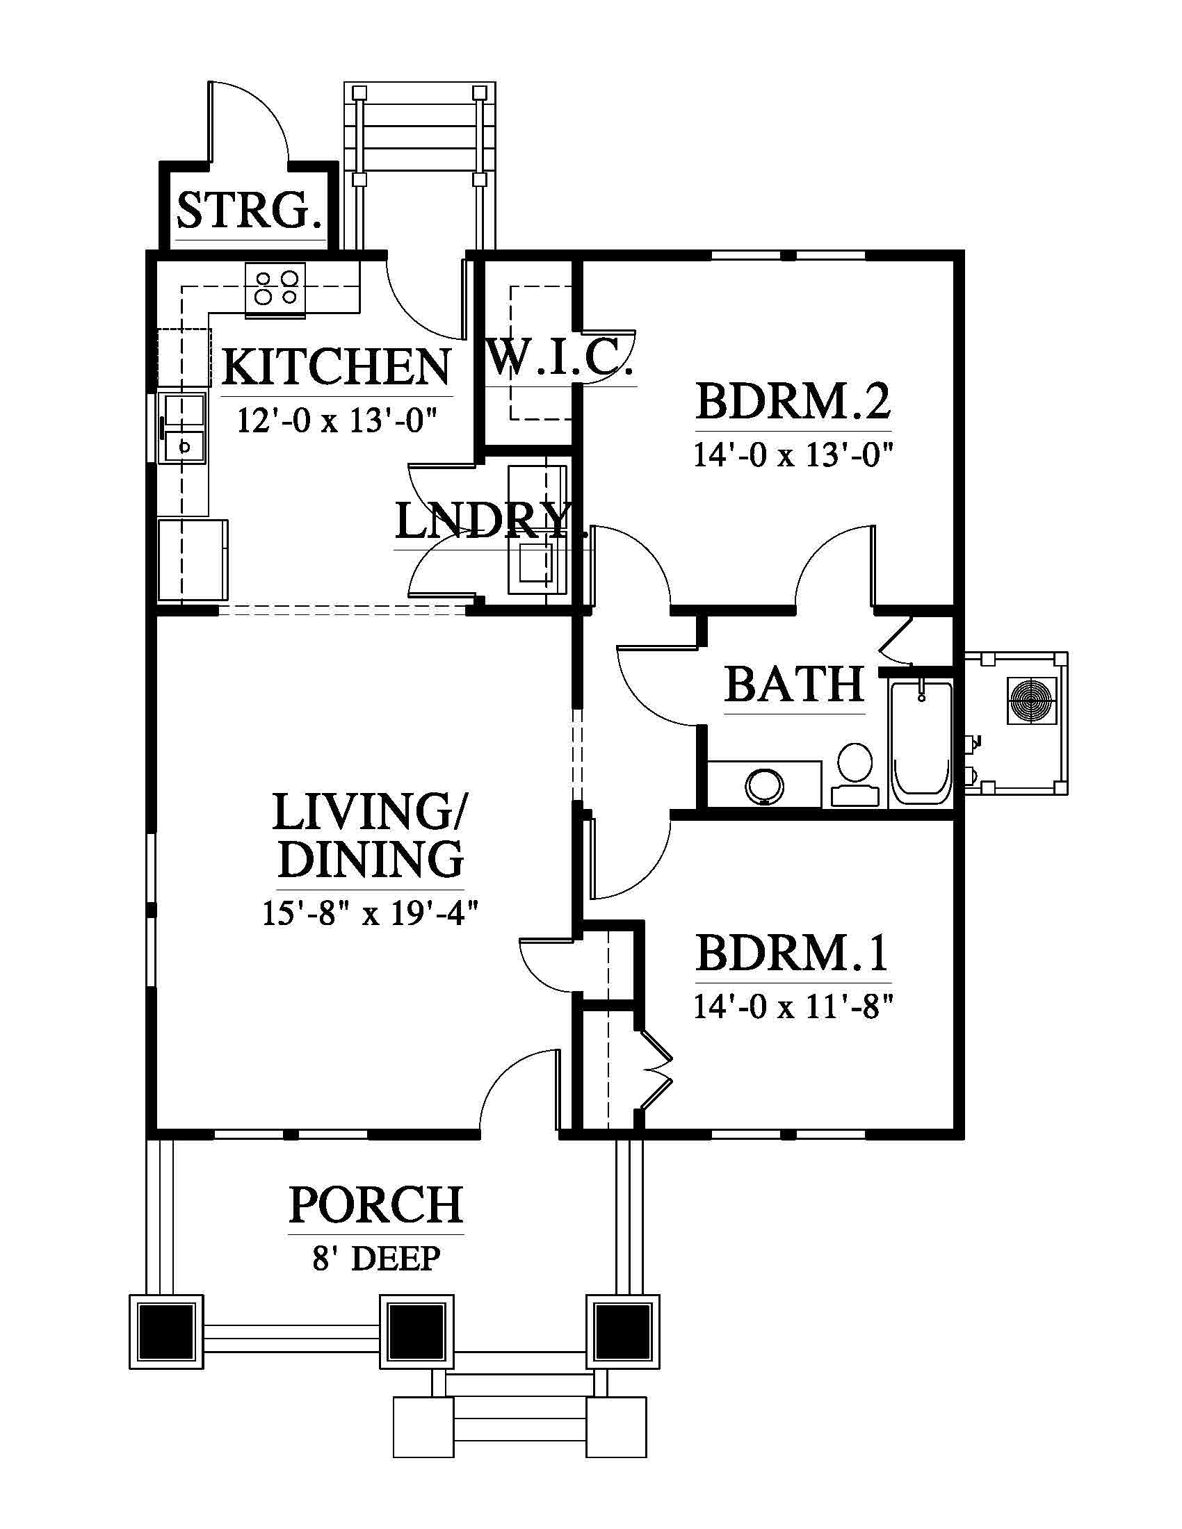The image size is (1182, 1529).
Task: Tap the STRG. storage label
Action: coord(250,210)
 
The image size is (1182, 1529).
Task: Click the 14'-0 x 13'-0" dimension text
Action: coord(793,455)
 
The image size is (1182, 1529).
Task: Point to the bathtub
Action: coord(921,742)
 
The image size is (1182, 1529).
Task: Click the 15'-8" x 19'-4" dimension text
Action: coord(370,913)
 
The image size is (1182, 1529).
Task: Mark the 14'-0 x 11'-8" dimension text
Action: coord(793,1007)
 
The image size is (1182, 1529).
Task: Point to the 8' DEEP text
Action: coord(376,1258)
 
